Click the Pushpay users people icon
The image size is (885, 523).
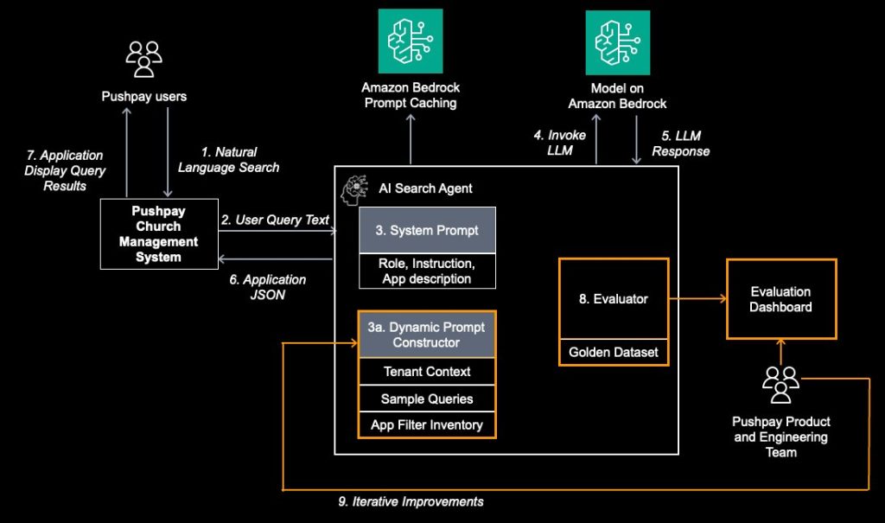pos(143,59)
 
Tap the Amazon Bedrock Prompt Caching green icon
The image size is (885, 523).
pos(410,41)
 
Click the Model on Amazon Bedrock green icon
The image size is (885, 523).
pos(617,41)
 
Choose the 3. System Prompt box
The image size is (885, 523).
pos(427,230)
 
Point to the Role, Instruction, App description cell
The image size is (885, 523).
pos(427,270)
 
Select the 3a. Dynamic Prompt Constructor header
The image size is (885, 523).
pos(427,335)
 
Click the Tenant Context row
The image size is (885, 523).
pos(427,372)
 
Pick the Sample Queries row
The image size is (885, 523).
pos(427,399)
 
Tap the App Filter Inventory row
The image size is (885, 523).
pos(427,425)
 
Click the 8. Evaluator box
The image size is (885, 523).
pos(614,298)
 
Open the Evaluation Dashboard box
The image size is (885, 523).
pos(780,298)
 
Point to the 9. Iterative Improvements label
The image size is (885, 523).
pos(411,501)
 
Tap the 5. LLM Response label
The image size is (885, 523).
pos(681,144)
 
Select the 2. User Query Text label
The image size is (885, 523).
pos(275,220)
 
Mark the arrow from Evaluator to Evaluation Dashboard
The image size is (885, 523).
pos(697,299)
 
